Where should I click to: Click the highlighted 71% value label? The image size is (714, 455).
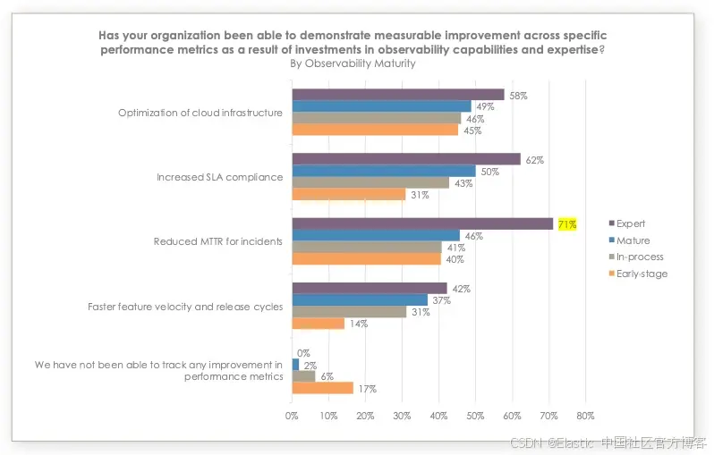tap(567, 224)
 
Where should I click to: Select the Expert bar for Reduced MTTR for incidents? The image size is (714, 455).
tap(422, 224)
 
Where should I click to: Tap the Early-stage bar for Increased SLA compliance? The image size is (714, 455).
tap(349, 194)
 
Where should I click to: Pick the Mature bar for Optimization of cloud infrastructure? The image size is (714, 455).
tap(381, 106)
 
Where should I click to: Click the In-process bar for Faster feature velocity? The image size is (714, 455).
tap(349, 312)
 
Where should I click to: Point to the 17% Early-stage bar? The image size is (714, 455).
tap(323, 388)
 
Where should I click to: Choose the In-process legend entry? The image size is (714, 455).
tap(634, 257)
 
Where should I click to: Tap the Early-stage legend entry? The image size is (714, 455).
tap(637, 274)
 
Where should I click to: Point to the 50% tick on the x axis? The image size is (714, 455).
tap(476, 416)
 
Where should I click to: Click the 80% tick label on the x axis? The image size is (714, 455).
tap(586, 416)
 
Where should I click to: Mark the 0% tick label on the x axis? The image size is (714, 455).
tap(292, 416)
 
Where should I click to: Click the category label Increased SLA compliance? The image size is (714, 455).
tap(219, 177)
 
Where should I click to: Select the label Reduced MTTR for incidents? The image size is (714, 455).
tap(218, 241)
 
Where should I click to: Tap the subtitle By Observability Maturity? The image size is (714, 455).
tap(353, 63)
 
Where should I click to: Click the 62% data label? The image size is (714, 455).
tap(535, 160)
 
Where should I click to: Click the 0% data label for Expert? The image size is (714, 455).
tap(303, 353)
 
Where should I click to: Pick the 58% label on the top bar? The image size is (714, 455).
tap(518, 95)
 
